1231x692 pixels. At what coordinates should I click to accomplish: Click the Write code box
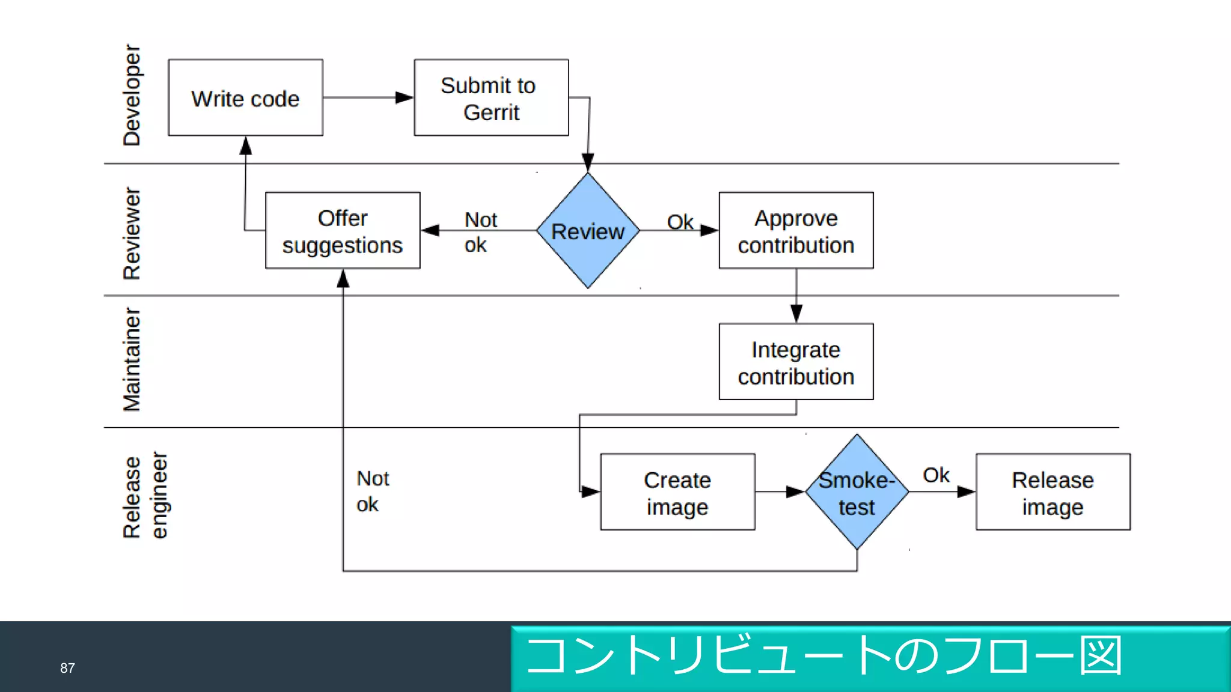[245, 98]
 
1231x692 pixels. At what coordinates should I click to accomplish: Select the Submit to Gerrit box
[491, 98]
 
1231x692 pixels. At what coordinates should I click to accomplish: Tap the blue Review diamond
[588, 231]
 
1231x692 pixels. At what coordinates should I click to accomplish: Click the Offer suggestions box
[343, 231]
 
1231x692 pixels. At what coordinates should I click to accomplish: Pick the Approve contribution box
[796, 231]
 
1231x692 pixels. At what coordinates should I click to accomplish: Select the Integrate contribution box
[796, 362]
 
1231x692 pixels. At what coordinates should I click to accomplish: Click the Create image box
[677, 492]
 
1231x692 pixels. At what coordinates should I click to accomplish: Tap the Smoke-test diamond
[857, 492]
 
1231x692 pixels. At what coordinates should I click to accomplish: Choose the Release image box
[1052, 492]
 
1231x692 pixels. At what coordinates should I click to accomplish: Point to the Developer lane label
[132, 95]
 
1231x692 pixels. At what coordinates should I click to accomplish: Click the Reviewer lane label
[132, 233]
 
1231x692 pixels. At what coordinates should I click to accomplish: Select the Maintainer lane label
[132, 359]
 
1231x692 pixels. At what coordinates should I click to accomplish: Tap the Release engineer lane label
[145, 496]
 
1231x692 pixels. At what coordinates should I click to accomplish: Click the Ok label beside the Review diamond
[680, 222]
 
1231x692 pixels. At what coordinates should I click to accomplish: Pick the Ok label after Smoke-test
[936, 475]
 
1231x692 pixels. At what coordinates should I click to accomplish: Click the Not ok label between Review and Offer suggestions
[480, 232]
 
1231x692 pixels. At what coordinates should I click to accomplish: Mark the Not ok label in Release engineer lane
[372, 491]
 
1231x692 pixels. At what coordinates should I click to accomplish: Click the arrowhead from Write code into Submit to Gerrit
[405, 97]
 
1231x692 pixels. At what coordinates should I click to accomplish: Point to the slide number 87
[67, 668]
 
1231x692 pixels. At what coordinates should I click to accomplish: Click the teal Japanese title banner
[870, 658]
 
